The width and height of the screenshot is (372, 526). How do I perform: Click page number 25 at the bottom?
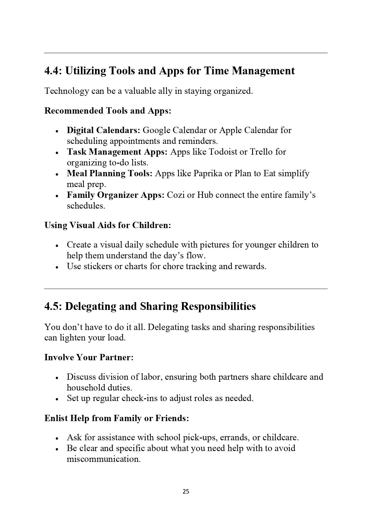186,492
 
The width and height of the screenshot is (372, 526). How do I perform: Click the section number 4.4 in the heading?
53,71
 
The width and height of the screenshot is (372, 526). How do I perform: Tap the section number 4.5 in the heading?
53,306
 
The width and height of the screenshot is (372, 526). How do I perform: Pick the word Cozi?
175,195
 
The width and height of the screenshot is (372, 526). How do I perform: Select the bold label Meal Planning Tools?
110,173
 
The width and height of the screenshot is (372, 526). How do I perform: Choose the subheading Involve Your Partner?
89,357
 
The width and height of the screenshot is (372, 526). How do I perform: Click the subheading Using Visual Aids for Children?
108,225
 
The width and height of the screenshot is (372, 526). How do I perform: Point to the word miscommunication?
103,459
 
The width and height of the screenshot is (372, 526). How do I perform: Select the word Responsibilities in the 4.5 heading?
219,306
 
